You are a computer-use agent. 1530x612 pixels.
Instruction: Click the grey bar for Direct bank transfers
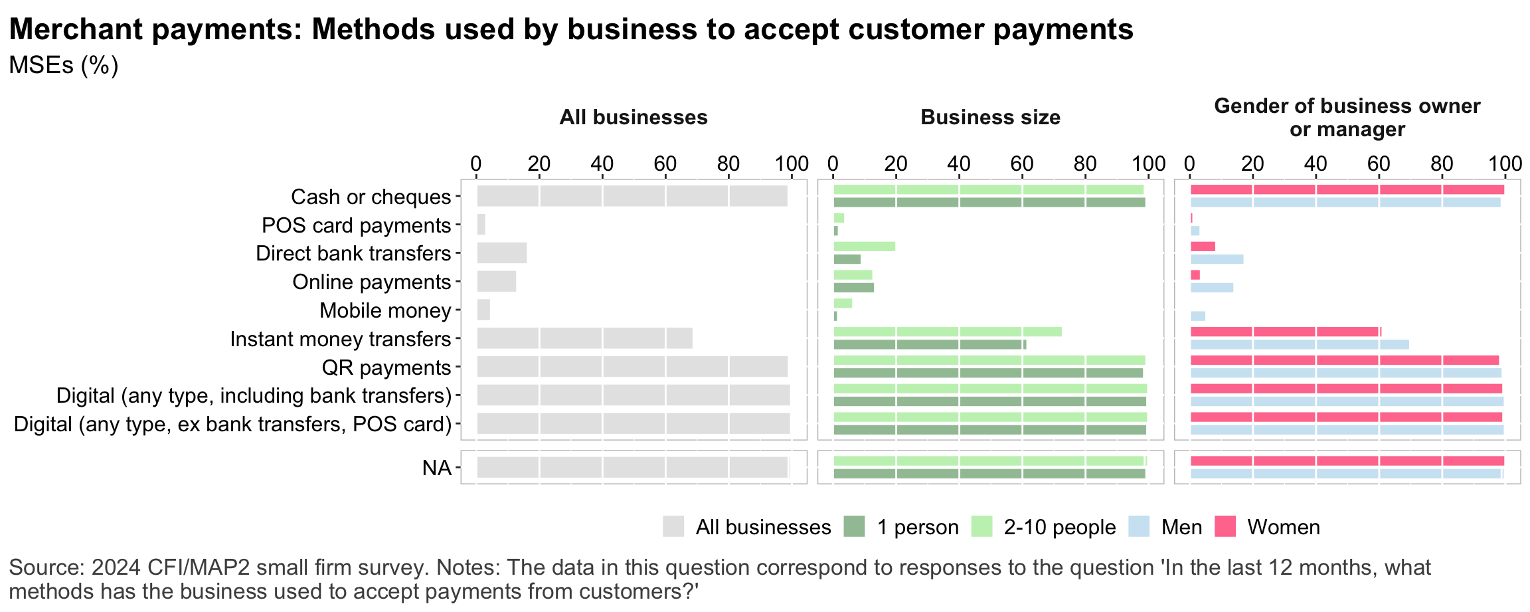point(501,253)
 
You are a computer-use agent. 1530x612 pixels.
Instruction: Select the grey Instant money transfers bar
point(584,338)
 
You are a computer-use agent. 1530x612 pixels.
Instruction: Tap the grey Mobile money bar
point(483,310)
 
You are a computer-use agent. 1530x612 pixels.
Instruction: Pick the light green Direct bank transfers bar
point(864,247)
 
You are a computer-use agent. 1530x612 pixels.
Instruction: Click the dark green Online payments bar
point(853,288)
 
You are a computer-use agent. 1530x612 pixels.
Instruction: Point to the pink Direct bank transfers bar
point(1203,247)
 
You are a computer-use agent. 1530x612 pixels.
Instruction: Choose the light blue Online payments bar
point(1212,288)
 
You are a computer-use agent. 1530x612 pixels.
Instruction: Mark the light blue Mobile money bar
point(1198,316)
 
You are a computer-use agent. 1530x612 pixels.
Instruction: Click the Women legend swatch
point(1225,527)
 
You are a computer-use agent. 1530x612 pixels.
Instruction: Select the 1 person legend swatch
point(855,527)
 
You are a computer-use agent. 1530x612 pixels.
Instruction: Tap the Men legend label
point(1181,527)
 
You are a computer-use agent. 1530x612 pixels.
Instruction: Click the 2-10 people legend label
point(1059,527)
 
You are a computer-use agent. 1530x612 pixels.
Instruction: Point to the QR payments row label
point(386,367)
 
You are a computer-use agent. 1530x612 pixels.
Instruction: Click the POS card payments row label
point(356,225)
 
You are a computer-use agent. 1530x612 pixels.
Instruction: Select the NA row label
point(436,468)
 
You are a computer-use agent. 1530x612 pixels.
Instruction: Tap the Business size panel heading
point(990,118)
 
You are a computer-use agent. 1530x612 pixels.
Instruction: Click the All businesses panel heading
point(634,118)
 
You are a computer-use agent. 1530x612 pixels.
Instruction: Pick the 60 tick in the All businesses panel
point(665,163)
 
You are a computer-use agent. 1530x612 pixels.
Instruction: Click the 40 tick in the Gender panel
point(1316,163)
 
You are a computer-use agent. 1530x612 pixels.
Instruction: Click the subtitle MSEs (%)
point(64,65)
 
